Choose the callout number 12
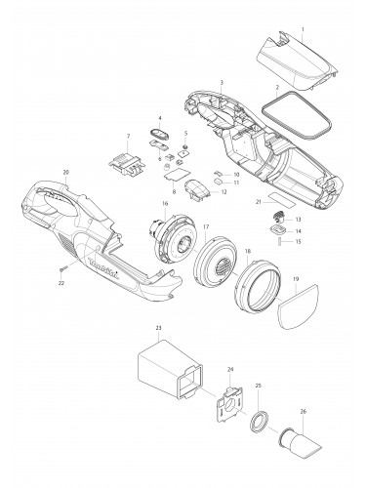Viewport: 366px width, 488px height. pos(224,191)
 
